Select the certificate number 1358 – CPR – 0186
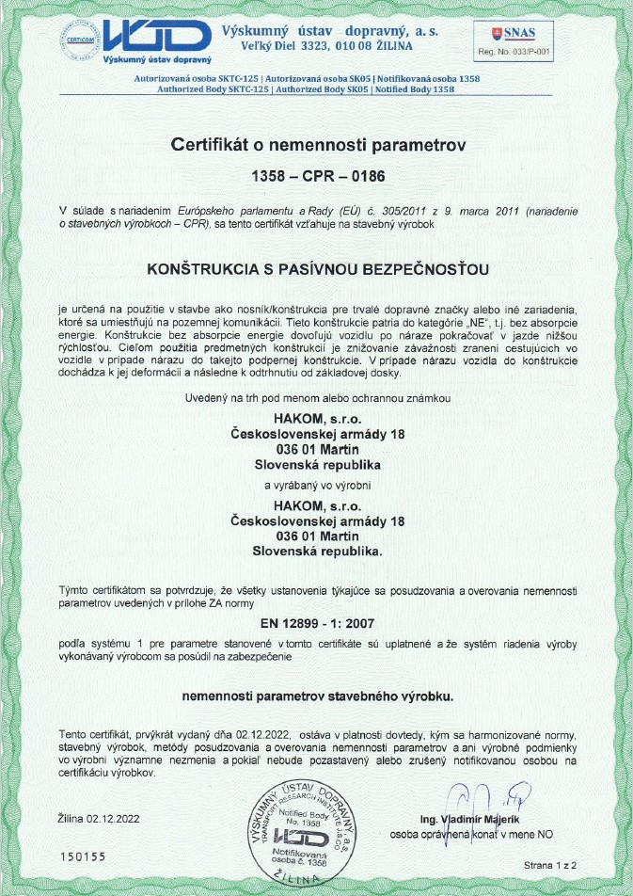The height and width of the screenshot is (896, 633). tap(318, 176)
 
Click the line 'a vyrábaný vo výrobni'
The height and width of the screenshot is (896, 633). tap(318, 486)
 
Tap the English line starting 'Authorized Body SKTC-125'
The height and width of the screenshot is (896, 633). tap(306, 89)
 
